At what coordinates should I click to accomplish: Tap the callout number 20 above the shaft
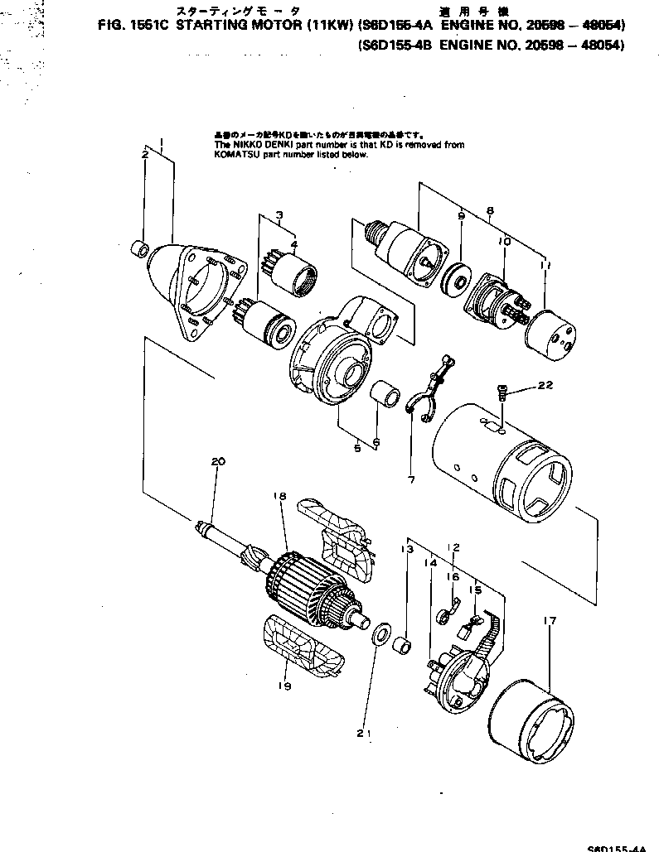[218, 462]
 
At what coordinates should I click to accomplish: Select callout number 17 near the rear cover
[550, 620]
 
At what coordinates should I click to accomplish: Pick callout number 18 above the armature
[279, 496]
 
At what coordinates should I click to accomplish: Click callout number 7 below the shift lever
[411, 479]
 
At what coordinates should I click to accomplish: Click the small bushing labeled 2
[142, 249]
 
